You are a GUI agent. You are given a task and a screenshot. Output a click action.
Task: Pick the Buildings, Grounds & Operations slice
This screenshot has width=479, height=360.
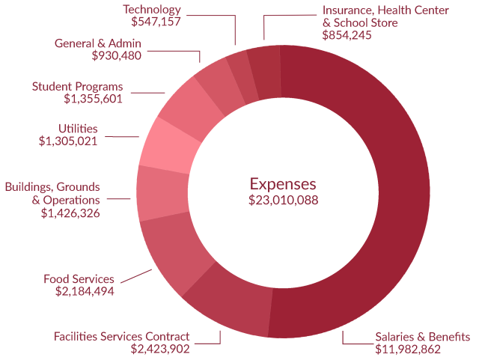pos(162,192)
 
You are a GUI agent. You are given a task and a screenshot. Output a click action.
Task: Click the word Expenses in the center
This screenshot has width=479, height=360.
pos(283,184)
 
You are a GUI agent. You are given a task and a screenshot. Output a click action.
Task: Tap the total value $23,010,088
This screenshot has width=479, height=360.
pos(283,200)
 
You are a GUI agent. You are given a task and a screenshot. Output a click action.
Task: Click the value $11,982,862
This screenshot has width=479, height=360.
pos(408,349)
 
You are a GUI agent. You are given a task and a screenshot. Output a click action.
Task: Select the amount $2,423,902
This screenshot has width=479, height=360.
pos(160,349)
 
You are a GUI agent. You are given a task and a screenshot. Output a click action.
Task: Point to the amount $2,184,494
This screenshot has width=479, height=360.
pos(85,291)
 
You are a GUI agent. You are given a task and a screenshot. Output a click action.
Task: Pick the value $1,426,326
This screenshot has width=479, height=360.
pos(70,213)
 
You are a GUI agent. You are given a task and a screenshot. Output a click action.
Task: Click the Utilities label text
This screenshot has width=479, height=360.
pos(78,129)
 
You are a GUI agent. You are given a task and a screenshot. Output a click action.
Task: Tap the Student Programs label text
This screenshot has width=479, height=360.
pos(77,86)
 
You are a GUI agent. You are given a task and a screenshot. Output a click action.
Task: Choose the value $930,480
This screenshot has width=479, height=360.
pos(116,55)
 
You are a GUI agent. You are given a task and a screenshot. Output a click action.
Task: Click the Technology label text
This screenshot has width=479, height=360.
pos(151,10)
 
